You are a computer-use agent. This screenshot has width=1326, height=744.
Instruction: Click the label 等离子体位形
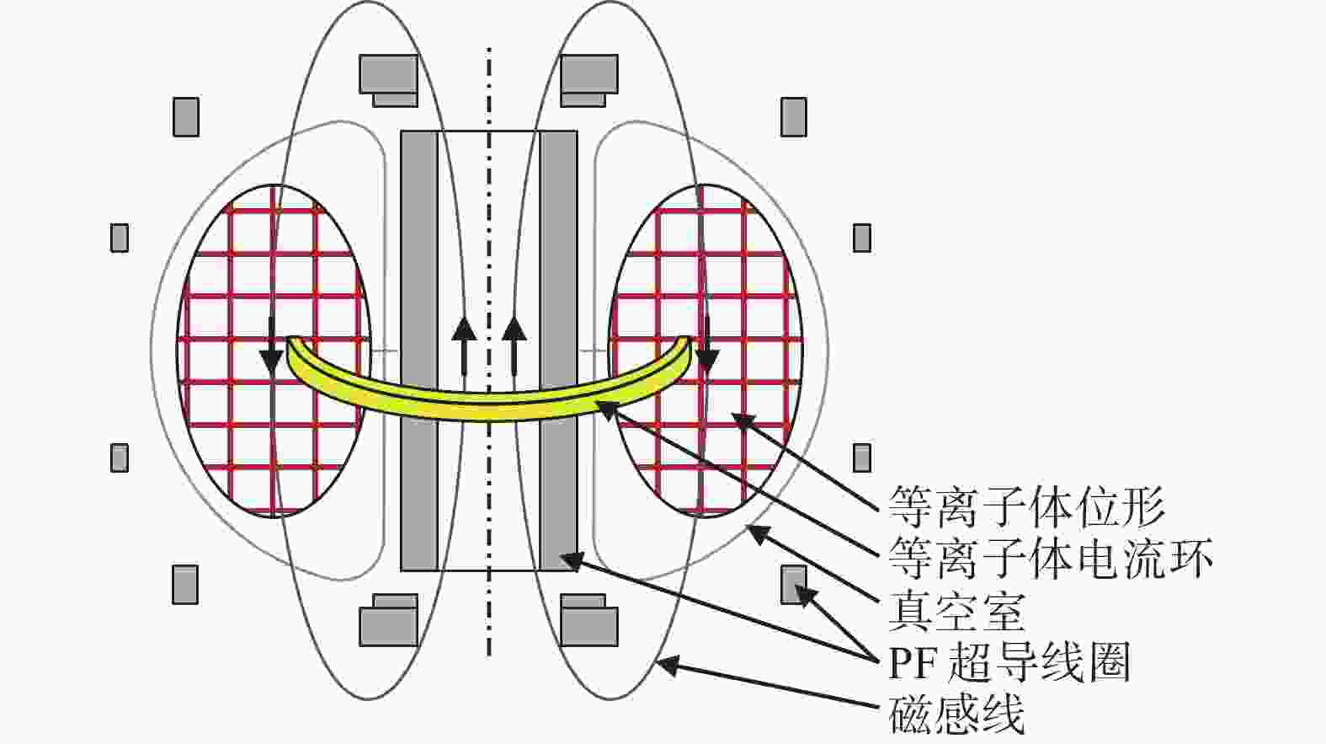(x=1027, y=507)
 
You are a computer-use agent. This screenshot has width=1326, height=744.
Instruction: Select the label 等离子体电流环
(x=1051, y=558)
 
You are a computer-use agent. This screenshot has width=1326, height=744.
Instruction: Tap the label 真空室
(x=956, y=610)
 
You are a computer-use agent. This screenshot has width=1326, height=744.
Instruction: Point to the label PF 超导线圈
(x=1010, y=661)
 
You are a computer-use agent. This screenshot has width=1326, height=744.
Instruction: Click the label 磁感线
(x=956, y=714)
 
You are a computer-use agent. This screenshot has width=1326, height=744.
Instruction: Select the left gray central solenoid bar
(x=420, y=351)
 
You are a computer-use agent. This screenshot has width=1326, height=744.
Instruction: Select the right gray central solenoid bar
(x=558, y=351)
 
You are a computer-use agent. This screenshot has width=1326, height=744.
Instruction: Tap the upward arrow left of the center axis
(x=464, y=346)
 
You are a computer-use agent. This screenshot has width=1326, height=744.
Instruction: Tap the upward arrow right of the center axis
(x=514, y=346)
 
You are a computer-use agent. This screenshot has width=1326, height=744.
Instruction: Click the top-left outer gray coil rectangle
(x=186, y=117)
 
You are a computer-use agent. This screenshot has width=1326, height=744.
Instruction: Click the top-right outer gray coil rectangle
(x=793, y=117)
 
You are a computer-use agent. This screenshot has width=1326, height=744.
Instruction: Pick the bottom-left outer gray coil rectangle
(x=185, y=585)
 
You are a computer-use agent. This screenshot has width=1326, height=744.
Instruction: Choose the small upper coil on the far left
(x=120, y=238)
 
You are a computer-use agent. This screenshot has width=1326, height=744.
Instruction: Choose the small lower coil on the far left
(x=120, y=458)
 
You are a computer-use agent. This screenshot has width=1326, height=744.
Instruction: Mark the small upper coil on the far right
(x=862, y=238)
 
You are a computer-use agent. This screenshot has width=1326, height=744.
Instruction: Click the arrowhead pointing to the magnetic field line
(x=668, y=665)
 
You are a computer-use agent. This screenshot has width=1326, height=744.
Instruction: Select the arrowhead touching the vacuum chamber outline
(x=759, y=533)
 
